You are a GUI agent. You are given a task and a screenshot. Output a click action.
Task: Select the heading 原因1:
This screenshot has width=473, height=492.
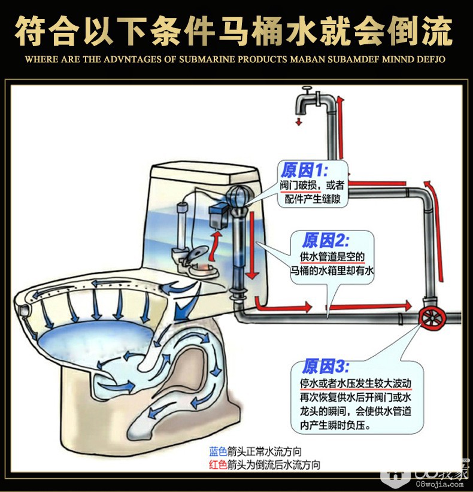[304, 171]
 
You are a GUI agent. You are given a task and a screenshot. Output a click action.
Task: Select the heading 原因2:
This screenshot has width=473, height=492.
[325, 241]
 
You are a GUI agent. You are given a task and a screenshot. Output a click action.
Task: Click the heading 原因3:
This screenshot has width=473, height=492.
[325, 366]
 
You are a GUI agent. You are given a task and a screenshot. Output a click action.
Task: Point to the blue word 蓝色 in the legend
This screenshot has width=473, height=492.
[218, 452]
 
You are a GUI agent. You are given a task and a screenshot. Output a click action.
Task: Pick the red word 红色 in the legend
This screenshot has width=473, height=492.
[218, 464]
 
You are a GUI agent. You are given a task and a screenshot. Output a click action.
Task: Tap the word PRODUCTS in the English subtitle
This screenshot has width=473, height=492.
[262, 59]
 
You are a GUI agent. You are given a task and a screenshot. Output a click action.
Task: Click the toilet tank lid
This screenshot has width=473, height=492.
[203, 174]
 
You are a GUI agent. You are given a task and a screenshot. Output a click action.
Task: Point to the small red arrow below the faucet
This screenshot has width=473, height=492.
[299, 121]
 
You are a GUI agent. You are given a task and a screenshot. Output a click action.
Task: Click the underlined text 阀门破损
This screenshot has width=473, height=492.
[299, 186]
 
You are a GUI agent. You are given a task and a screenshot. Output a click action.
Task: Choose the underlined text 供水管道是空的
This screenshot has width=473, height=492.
[332, 257]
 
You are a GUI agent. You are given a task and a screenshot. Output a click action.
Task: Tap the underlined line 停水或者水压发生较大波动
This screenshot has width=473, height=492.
[356, 383]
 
